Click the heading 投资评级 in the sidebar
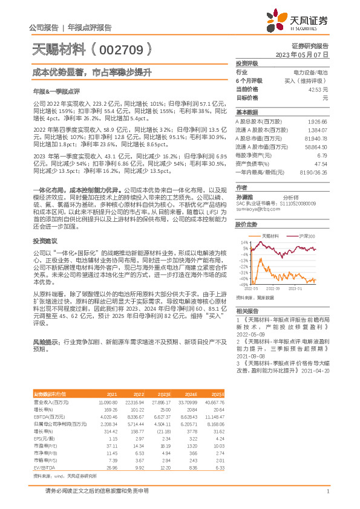coord(247,63)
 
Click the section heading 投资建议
coord(42,224)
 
